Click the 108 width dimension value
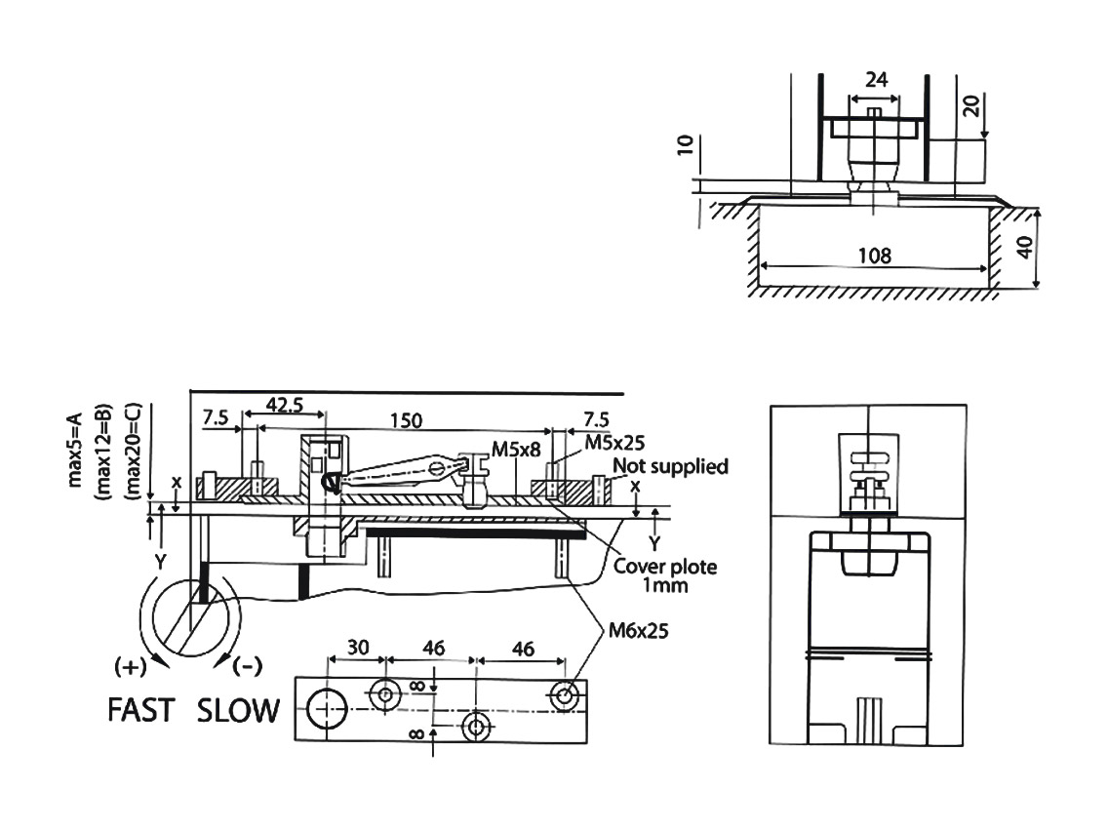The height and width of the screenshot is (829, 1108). [x=875, y=256]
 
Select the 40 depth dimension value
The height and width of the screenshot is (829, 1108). [x=1023, y=246]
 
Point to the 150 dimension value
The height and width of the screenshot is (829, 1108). [x=407, y=419]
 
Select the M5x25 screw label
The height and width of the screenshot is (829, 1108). [x=614, y=442]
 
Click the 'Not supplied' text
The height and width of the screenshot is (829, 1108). [x=670, y=466]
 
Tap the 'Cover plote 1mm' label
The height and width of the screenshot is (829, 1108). [x=663, y=575]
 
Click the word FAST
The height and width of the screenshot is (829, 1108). [x=140, y=710]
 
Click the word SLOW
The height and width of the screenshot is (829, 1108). [x=238, y=710]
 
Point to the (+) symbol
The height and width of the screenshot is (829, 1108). [x=132, y=667]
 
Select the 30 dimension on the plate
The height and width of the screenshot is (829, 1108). [x=358, y=648]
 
